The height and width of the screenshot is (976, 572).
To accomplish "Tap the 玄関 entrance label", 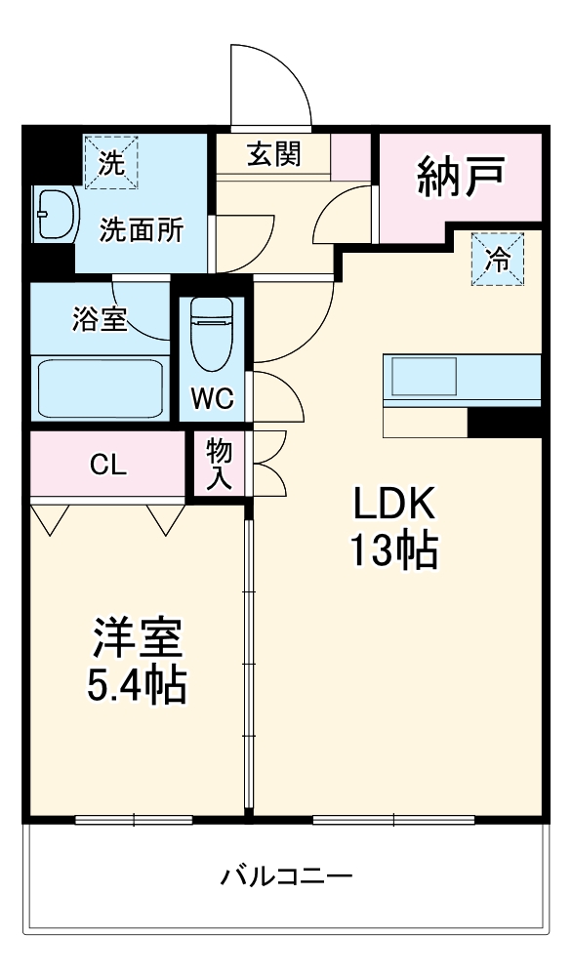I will tap(272, 154).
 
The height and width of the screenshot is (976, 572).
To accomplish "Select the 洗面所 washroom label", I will tap(143, 230).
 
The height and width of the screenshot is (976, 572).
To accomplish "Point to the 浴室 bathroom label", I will tap(100, 319).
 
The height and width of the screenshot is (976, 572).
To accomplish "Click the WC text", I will tap(211, 399).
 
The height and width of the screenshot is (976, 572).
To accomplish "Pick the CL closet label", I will tap(107, 466).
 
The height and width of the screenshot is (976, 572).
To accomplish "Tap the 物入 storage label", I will tap(219, 465).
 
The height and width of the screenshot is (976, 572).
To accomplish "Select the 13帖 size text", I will tap(393, 551).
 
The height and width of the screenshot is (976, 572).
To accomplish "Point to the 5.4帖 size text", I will tap(137, 686).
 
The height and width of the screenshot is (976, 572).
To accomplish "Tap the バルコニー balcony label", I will tap(285, 874).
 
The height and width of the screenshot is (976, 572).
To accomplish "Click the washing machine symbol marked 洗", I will tap(110, 161).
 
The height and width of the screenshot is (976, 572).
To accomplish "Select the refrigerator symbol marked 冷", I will tap(498, 260).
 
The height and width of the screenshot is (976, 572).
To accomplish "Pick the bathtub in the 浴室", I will tap(100, 388).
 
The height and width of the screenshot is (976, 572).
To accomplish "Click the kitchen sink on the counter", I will tap(424, 374).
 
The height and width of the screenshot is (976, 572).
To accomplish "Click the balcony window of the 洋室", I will tap(134, 818).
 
